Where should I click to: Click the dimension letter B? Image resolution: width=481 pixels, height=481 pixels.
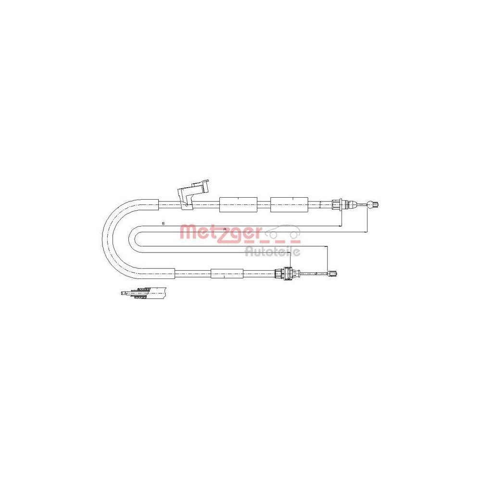point(163,223)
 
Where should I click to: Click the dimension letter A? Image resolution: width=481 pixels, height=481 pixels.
point(225,229)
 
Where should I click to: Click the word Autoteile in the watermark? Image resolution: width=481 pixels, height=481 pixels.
point(272,252)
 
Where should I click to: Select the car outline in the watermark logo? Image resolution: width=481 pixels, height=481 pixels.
point(282,232)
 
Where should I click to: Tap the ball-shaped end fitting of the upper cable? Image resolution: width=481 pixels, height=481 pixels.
point(374,204)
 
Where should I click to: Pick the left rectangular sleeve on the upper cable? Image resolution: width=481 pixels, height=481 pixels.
point(238,204)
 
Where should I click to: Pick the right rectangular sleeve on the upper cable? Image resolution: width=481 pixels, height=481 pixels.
point(289,204)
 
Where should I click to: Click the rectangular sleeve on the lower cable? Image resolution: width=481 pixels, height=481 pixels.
point(227,273)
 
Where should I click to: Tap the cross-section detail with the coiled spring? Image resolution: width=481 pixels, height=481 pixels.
point(143,292)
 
